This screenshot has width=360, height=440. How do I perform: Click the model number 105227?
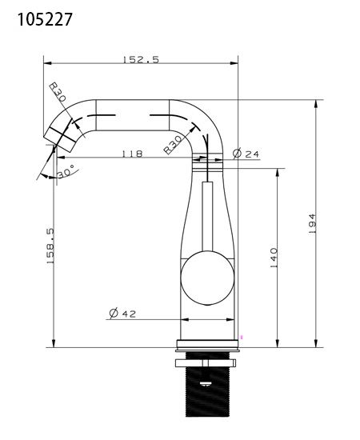tap(45, 20)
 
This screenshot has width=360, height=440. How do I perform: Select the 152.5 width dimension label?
tap(141, 60)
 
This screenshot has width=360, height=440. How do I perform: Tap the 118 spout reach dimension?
tap(132, 154)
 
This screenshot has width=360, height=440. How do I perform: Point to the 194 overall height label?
tap(312, 223)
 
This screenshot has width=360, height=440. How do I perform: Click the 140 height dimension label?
tap(274, 258)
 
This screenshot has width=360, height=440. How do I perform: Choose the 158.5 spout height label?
tap(50, 246)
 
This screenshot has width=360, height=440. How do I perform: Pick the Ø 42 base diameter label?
tap(122, 313)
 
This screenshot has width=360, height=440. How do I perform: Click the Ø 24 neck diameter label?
tap(246, 154)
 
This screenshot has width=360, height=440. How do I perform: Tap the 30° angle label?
tap(66, 171)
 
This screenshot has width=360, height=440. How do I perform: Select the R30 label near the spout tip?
tap(58, 92)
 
